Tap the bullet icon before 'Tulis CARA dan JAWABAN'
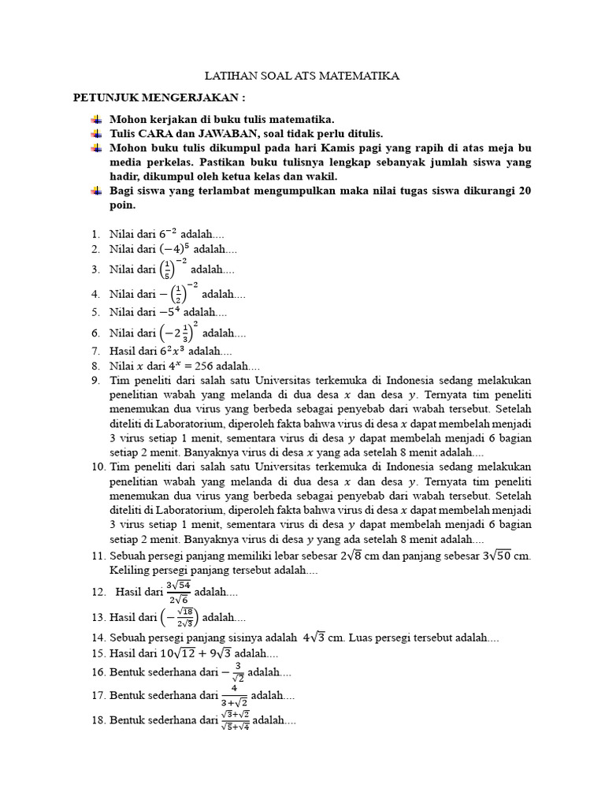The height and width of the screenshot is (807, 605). click(x=96, y=133)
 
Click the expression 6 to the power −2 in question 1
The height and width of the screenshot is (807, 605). click(x=167, y=233)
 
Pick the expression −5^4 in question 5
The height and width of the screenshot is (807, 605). click(x=164, y=312)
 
